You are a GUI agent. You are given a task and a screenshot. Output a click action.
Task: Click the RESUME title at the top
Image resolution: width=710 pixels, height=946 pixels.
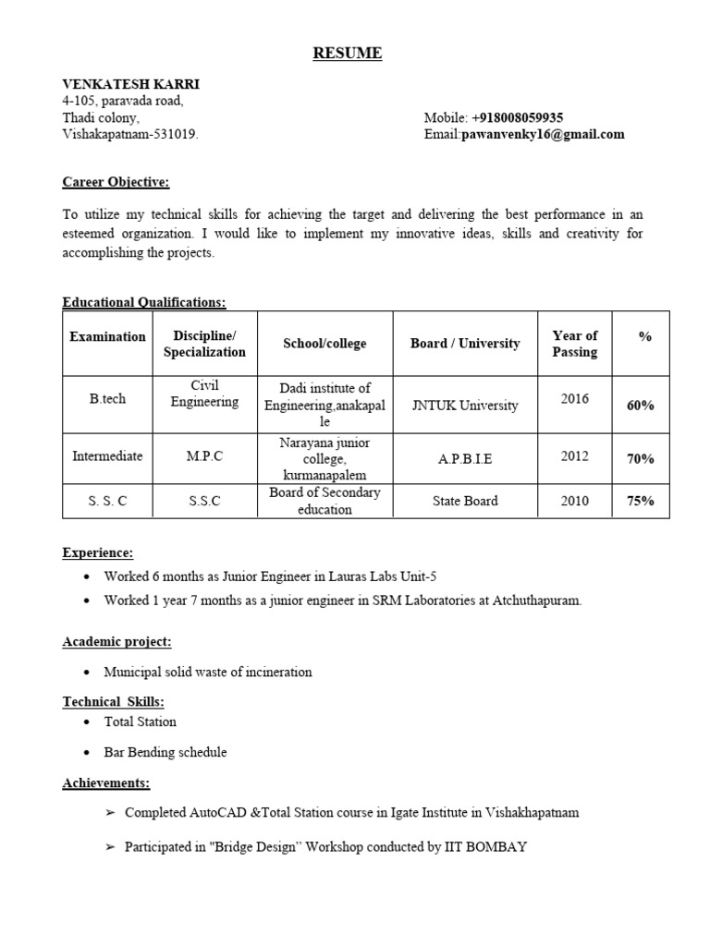(347, 54)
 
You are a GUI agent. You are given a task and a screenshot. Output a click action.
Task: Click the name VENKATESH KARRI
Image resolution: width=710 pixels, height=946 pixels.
(130, 84)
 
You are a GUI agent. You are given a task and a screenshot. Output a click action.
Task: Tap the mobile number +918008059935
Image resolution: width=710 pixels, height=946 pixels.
(518, 117)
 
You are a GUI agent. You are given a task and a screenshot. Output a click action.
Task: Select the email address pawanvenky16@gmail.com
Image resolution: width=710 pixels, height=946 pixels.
(543, 134)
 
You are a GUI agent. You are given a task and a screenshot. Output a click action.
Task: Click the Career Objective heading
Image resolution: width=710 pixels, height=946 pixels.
(116, 182)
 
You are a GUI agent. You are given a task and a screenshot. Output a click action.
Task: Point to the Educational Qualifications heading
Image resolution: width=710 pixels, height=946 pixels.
(143, 302)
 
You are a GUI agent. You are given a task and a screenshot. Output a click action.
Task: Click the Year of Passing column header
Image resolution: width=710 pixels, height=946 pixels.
(574, 343)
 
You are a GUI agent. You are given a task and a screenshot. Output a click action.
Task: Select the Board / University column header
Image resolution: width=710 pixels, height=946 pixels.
(465, 344)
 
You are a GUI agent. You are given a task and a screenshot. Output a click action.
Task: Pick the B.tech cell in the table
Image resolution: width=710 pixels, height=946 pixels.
(107, 399)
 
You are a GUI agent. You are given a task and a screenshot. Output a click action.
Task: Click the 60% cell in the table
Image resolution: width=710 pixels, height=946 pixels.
(641, 406)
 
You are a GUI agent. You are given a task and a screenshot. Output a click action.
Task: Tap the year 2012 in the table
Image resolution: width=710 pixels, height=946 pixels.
(574, 455)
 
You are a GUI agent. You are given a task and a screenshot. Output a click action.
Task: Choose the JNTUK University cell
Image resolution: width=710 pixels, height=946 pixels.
(465, 406)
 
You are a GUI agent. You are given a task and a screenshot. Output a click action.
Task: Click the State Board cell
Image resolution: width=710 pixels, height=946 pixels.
(465, 501)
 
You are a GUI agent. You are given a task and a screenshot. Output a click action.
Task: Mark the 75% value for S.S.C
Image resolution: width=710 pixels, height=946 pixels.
(641, 501)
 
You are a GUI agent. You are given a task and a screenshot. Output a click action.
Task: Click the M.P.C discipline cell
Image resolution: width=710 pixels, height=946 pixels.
(204, 456)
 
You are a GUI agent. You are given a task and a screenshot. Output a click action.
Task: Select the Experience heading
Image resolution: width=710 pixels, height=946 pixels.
(98, 552)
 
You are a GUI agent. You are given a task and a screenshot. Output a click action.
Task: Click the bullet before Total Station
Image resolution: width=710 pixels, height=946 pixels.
(86, 722)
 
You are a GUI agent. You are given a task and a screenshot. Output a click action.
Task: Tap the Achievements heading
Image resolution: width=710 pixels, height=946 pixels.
(105, 782)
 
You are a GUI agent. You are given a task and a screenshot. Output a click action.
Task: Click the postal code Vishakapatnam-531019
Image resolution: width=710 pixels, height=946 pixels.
(129, 134)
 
